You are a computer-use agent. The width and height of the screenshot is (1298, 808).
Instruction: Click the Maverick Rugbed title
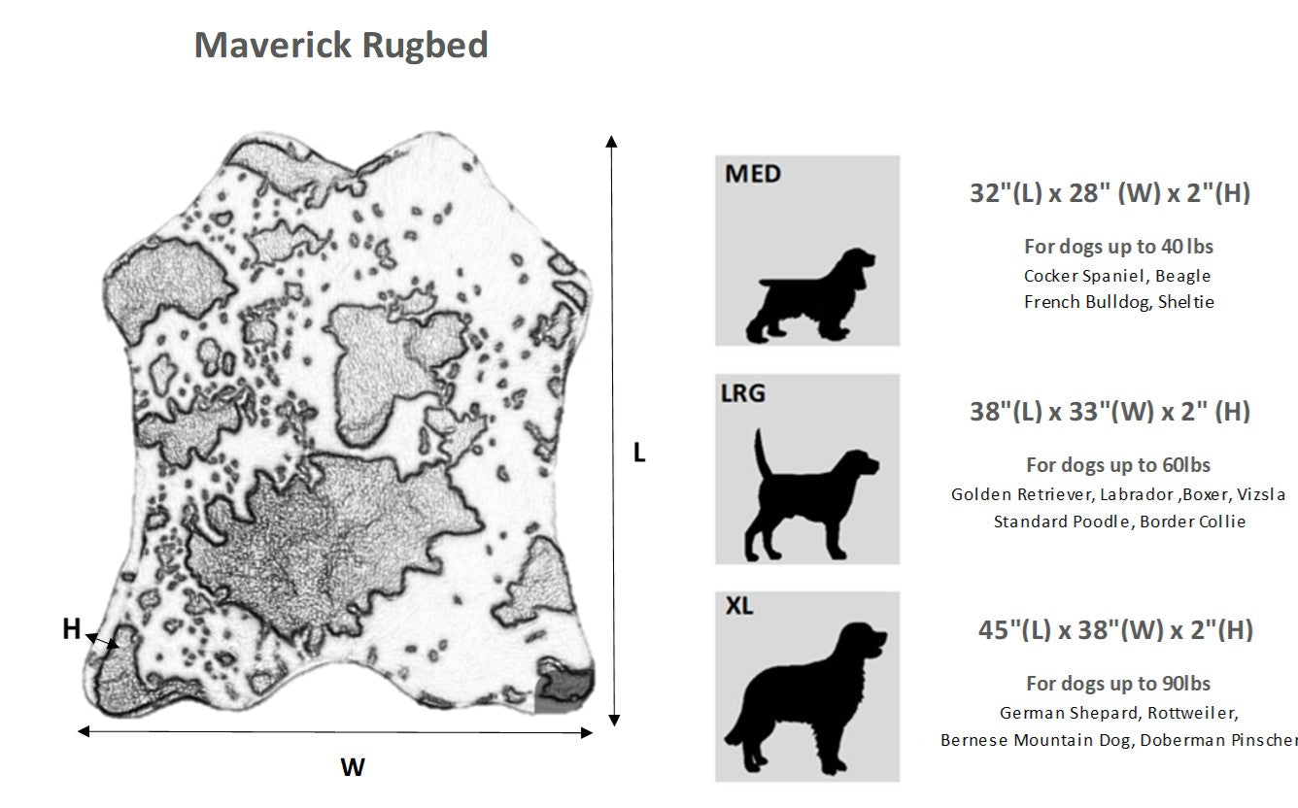[x=341, y=45]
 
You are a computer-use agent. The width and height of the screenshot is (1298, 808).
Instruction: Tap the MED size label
[x=753, y=174]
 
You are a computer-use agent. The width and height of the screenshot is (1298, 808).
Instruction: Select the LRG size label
[x=743, y=392]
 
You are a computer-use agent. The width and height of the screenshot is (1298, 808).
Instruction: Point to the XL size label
[x=739, y=607]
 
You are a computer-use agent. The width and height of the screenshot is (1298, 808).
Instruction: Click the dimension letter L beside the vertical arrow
[x=639, y=453]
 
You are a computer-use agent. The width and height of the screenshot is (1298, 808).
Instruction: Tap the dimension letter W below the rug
[x=353, y=767]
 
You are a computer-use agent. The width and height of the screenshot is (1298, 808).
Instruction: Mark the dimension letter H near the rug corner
[x=71, y=629]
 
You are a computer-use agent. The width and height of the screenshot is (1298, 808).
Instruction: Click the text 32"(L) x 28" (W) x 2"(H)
[x=1109, y=193]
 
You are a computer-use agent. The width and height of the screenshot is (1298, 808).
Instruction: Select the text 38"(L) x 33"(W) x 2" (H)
[x=1109, y=412]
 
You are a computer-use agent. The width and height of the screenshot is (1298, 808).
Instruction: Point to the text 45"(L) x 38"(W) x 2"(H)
[x=1114, y=630]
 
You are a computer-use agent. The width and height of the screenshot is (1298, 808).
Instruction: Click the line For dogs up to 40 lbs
[x=1118, y=246]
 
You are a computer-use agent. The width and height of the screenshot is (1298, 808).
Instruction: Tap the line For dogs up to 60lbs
[x=1118, y=464]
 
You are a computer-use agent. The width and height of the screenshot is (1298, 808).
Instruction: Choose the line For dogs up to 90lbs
[x=1118, y=683]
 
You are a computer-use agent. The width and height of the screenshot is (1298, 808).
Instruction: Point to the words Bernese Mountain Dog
[x=1036, y=740]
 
